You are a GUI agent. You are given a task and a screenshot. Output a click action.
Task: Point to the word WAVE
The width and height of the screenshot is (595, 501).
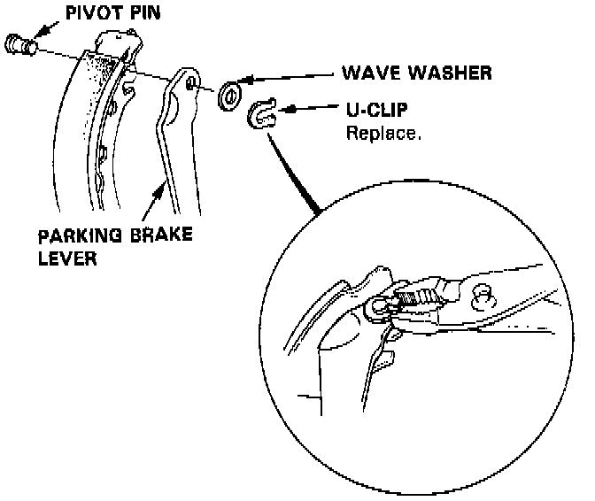pos(367,73)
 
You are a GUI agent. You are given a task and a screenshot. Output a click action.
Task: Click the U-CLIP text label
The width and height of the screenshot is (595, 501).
pos(375,112)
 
